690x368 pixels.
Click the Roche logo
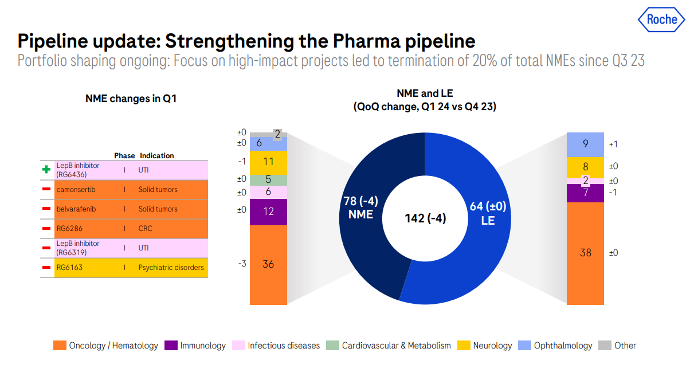[x=661, y=19]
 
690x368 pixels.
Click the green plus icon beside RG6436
[x=46, y=170]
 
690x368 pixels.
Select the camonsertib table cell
[x=76, y=189]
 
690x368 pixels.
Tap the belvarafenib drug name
[x=76, y=209]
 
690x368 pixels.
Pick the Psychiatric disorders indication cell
[x=171, y=268]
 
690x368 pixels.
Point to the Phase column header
[x=124, y=156]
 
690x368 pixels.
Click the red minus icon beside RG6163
[x=46, y=268]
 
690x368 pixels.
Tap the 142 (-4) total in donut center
[x=425, y=218]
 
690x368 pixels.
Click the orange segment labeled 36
[x=268, y=264]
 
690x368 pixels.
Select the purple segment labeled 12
[x=268, y=212]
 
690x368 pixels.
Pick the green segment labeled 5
[x=268, y=179]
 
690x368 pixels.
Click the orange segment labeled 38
[x=585, y=253]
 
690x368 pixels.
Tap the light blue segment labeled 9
[x=585, y=144]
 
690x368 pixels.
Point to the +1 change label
[x=613, y=145]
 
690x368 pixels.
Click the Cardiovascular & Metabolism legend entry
[x=390, y=346]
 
